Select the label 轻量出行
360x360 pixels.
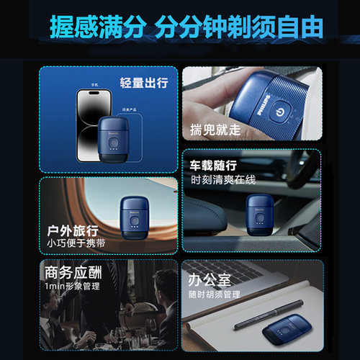click(144, 84)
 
